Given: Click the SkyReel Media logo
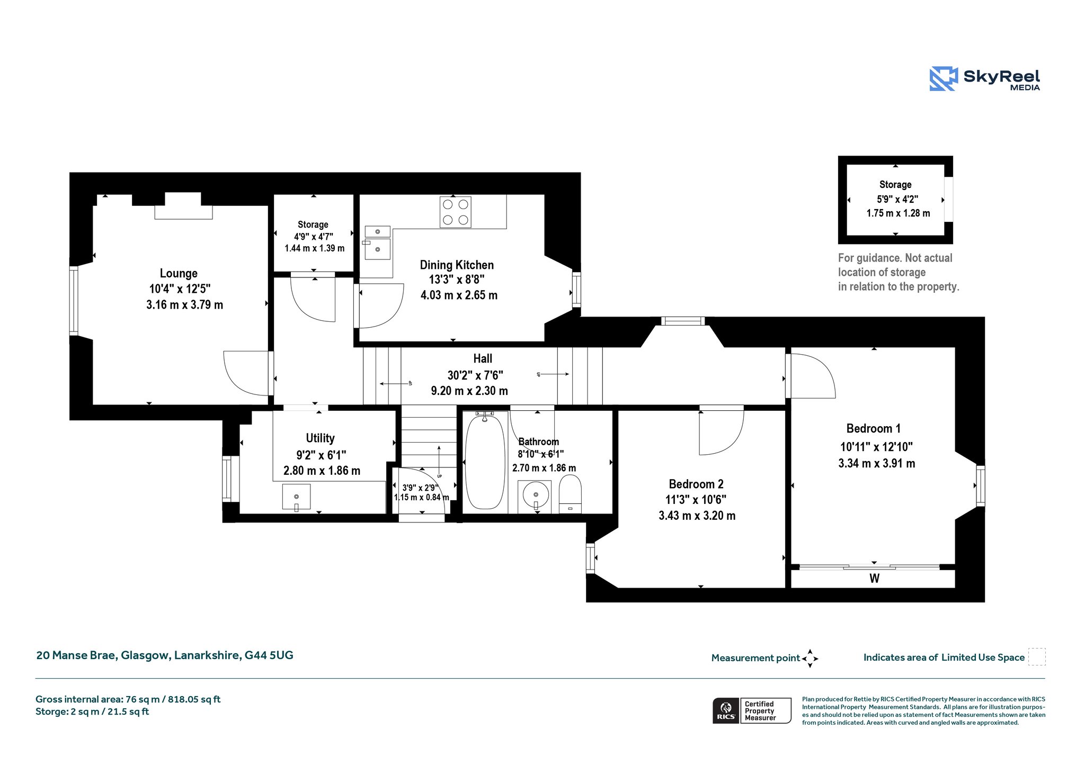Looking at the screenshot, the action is click(985, 79).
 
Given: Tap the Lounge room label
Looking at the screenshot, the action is click(179, 273).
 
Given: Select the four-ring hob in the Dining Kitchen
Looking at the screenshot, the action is click(455, 212).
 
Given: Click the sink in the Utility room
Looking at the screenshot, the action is click(296, 497).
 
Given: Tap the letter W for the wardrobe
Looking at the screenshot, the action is click(874, 579).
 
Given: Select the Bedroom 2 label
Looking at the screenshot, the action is click(696, 484).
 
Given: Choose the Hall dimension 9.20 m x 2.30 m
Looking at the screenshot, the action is click(469, 391).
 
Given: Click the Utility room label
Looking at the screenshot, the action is click(320, 438).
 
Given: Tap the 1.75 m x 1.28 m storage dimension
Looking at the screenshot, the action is click(898, 213).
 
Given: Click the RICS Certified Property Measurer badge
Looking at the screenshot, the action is click(752, 710).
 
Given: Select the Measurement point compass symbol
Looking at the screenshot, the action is click(810, 659).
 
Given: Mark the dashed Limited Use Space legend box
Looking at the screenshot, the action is click(1037, 657).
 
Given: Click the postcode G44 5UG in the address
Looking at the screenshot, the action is click(269, 655).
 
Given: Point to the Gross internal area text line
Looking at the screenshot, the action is click(128, 699).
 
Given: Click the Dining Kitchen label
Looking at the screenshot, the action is click(457, 265).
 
